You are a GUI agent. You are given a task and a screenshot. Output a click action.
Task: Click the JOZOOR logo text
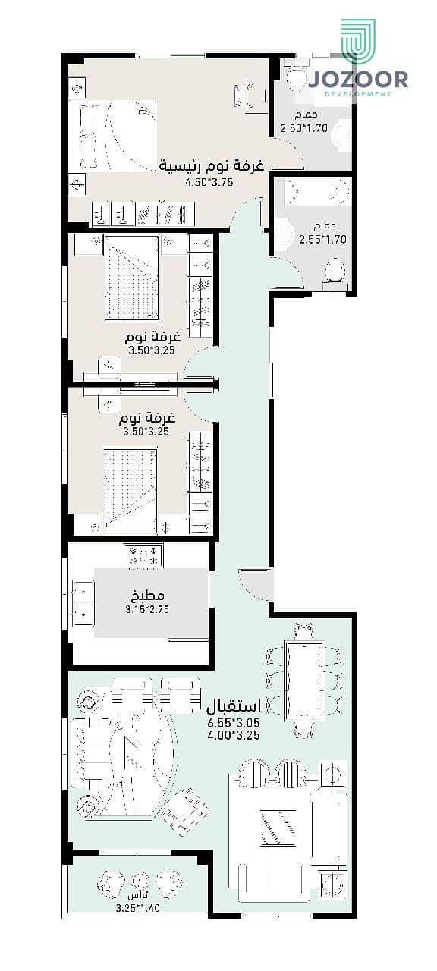pyautogui.click(x=358, y=80)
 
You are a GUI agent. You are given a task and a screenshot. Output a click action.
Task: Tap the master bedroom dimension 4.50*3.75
pyautogui.click(x=209, y=181)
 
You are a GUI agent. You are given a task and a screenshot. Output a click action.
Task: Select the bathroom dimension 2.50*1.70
pyautogui.click(x=304, y=128)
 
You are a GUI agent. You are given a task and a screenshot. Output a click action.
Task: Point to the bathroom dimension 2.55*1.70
pyautogui.click(x=322, y=239)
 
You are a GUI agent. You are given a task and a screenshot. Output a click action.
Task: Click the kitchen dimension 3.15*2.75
pyautogui.click(x=147, y=609)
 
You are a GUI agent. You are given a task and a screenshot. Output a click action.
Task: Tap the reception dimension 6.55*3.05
pyautogui.click(x=234, y=723)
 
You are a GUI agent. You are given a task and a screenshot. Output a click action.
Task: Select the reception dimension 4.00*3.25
pyautogui.click(x=234, y=735)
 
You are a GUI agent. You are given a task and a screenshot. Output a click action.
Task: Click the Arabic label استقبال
pyautogui.click(x=234, y=706)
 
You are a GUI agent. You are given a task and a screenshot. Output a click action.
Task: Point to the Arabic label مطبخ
pyautogui.click(x=147, y=595)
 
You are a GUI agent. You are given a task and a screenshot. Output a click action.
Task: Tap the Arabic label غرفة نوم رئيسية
pyautogui.click(x=212, y=165)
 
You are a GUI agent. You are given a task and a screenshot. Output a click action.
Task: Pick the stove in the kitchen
pyautogui.click(x=143, y=555)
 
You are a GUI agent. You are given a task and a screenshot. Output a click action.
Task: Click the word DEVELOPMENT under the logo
pyautogui.click(x=358, y=93)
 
